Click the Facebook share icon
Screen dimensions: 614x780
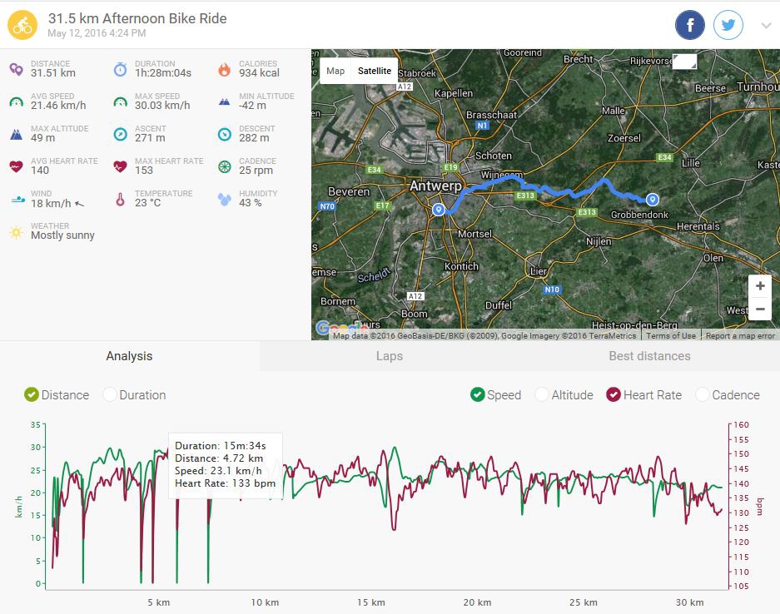pos(690,26)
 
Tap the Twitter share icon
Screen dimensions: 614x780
pos(728,26)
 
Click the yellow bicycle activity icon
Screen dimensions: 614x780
pos(22,25)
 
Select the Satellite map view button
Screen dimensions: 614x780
pos(374,71)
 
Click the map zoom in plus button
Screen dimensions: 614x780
pos(759,286)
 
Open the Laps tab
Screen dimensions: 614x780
pos(389,356)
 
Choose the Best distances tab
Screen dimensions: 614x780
pos(649,356)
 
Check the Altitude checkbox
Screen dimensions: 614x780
pos(542,395)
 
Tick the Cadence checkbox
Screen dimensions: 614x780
pos(703,395)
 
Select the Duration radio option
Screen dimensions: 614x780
pos(110,395)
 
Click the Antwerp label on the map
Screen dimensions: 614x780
pos(435,186)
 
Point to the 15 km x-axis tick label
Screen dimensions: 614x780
pos(371,602)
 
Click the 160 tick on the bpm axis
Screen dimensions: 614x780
pos(741,425)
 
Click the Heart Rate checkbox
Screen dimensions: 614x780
pos(614,395)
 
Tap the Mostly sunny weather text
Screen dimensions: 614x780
pos(62,235)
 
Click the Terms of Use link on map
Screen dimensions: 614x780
pos(671,335)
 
